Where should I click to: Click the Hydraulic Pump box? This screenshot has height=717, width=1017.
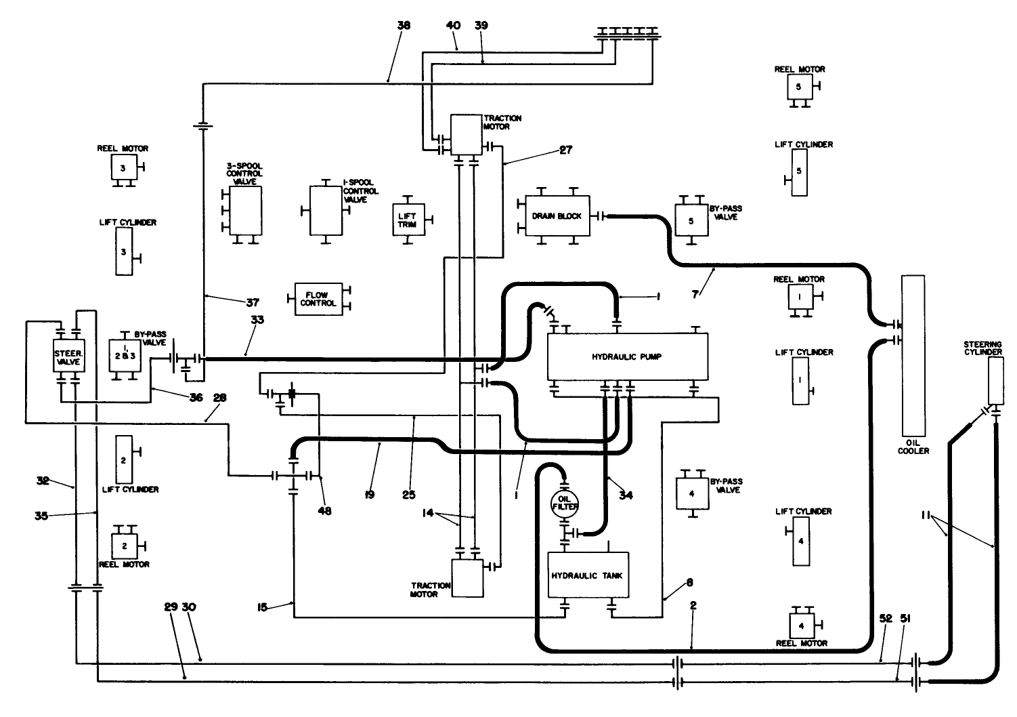(626, 356)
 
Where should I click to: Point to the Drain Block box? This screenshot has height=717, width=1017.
(557, 216)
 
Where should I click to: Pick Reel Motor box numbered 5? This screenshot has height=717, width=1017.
(798, 87)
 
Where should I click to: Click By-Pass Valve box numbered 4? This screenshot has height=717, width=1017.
(692, 493)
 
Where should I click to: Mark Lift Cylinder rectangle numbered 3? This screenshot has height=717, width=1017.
(124, 251)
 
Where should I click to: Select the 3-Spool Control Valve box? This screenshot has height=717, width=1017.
(245, 210)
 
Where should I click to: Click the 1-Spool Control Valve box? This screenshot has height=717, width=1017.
(326, 209)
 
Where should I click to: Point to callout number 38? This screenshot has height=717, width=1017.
(404, 25)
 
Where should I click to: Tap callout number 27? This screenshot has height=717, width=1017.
(565, 150)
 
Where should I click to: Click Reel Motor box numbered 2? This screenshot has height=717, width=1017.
(125, 545)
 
